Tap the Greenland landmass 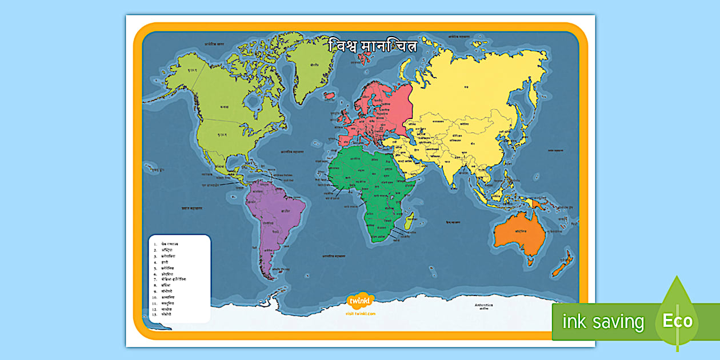tap(309, 63)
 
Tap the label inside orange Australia tap(519, 232)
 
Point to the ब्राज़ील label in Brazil tap(283, 211)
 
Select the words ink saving tap(603, 322)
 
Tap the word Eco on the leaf tap(677, 321)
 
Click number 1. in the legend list tap(154, 244)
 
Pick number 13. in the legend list tap(154, 314)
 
